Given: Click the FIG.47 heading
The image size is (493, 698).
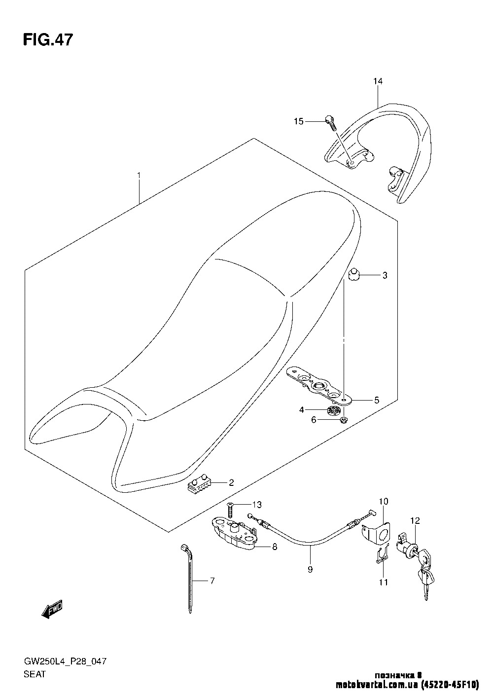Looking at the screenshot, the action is click(x=48, y=40).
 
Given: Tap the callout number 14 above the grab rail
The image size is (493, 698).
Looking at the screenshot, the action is click(x=378, y=81).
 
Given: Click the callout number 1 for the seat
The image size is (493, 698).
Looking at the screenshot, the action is click(x=139, y=175).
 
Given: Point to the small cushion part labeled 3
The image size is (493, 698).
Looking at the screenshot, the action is click(x=353, y=275).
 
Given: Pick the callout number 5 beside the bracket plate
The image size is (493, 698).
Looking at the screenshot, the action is click(x=377, y=400).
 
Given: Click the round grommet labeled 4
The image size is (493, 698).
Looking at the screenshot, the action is click(x=333, y=411).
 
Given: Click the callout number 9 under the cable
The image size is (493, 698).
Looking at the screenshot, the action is click(x=310, y=570).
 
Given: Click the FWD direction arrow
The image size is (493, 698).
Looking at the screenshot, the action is click(x=52, y=608).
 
